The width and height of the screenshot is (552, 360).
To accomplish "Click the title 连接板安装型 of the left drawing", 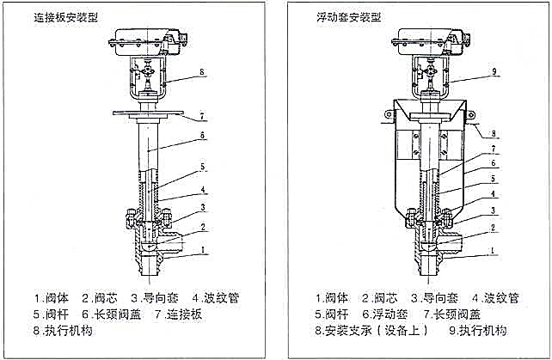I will pyautogui.click(x=60, y=16).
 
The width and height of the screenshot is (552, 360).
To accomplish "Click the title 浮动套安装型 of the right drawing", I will pyautogui.click(x=346, y=16).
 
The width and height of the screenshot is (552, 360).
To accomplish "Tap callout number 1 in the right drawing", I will pyautogui.click(x=494, y=249).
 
